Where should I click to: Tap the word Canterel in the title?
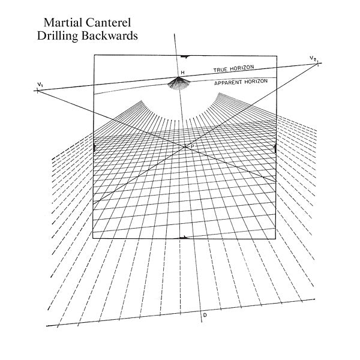(x=110, y=23)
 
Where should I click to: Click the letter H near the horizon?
(x=182, y=73)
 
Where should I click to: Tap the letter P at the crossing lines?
(x=192, y=147)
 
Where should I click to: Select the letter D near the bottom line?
(x=205, y=314)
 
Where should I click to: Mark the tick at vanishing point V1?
(x=38, y=91)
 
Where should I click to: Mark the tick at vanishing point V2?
(x=317, y=62)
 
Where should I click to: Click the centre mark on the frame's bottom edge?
(x=185, y=238)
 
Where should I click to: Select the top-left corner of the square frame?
(x=94, y=55)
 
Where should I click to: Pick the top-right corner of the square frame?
(x=277, y=55)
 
